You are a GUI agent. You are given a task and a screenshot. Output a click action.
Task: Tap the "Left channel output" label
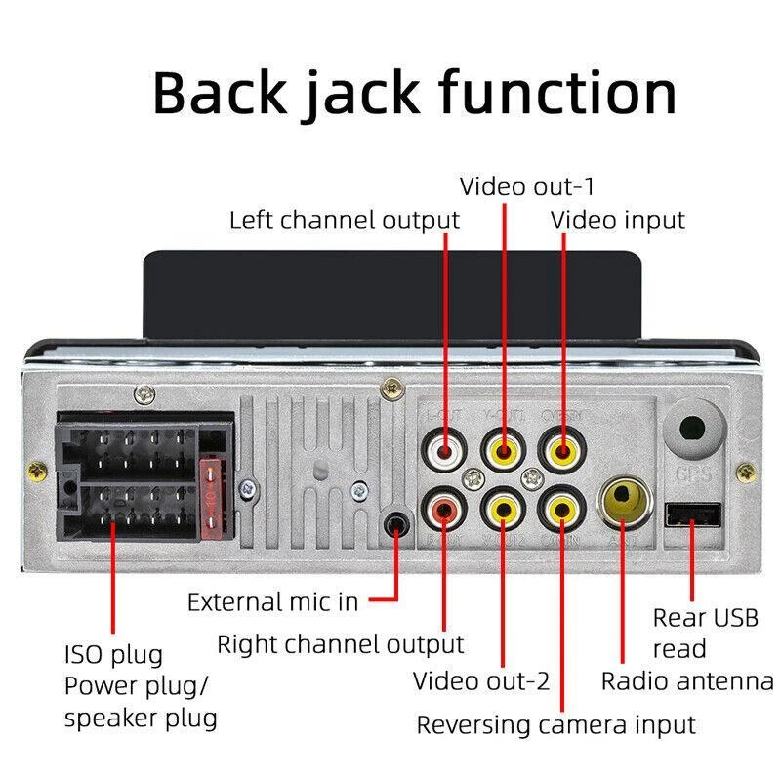coord(344,220)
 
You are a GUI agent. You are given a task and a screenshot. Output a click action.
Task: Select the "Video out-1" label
coord(527,185)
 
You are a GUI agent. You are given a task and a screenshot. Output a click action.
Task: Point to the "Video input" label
coord(618,220)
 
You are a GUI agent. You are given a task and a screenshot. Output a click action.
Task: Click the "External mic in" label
coord(273,601)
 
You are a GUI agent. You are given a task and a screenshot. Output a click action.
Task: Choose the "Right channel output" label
coord(340,644)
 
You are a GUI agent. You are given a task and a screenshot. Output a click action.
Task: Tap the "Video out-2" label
coord(481,680)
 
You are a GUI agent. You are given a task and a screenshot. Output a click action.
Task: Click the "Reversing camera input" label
coord(556,725)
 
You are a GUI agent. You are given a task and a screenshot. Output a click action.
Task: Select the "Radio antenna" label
coord(686,680)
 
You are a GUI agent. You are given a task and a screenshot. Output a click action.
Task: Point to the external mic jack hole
coord(395,524)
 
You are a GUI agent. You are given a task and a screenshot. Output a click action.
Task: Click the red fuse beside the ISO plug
coord(210,497)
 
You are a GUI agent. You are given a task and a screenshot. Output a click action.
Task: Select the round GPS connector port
coord(692,430)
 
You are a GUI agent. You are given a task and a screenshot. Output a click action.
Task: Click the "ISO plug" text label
coord(113,654)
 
